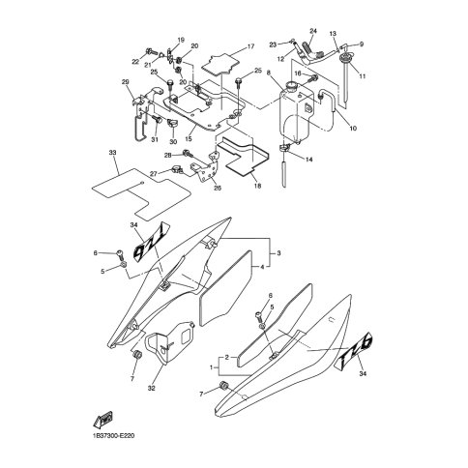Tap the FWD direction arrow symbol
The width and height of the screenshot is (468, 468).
coord(102,420)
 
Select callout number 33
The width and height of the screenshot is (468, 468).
coord(113,152)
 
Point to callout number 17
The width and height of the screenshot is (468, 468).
coord(250,46)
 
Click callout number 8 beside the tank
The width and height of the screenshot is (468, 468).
coord(268,73)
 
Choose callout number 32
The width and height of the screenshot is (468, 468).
coord(152,389)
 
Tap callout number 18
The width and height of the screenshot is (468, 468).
coord(257,186)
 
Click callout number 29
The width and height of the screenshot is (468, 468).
coord(125,82)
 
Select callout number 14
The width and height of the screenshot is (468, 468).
coord(308,160)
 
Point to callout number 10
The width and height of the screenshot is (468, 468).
coord(353,129)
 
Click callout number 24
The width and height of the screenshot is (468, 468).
coord(313,31)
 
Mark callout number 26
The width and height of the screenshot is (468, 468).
coord(218,188)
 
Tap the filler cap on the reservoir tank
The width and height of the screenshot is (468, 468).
coord(292,86)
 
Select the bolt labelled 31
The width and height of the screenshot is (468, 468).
coord(157,120)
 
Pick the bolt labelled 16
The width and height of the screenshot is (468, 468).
coord(314,78)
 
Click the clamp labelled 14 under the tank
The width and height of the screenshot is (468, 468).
coord(284,148)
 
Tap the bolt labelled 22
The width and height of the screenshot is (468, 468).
coord(151,51)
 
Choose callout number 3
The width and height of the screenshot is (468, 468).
coord(278,253)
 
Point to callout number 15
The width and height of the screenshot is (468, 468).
coord(189,139)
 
